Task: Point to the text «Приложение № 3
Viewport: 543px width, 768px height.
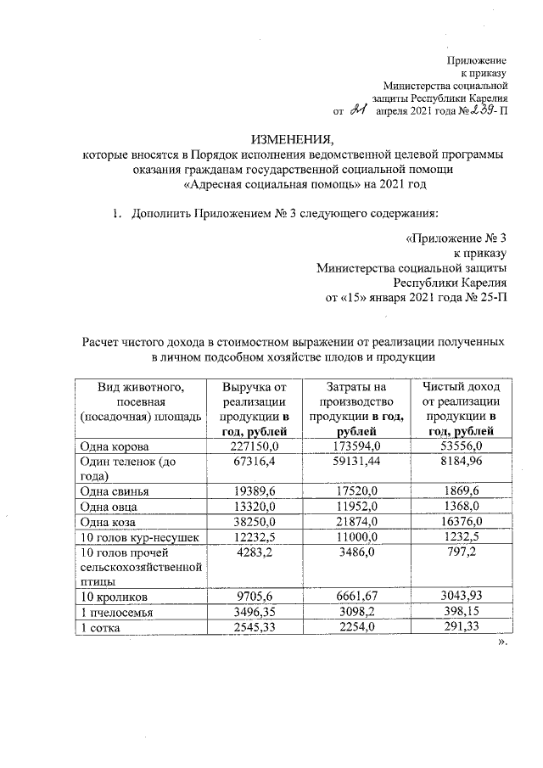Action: [456, 238]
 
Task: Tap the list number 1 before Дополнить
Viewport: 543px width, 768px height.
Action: [116, 211]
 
